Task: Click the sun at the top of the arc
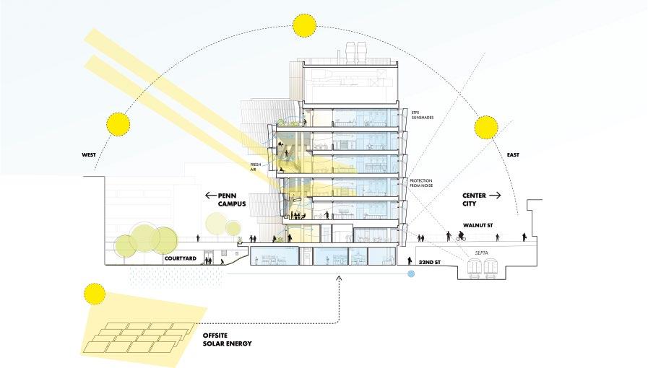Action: [304, 25]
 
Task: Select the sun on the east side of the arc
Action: [487, 128]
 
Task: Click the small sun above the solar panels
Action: [94, 293]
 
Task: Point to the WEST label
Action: [89, 153]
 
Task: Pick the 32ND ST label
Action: [431, 263]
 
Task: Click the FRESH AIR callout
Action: [254, 167]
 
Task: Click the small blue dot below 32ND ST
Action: [411, 274]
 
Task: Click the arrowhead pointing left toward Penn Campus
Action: [208, 195]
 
